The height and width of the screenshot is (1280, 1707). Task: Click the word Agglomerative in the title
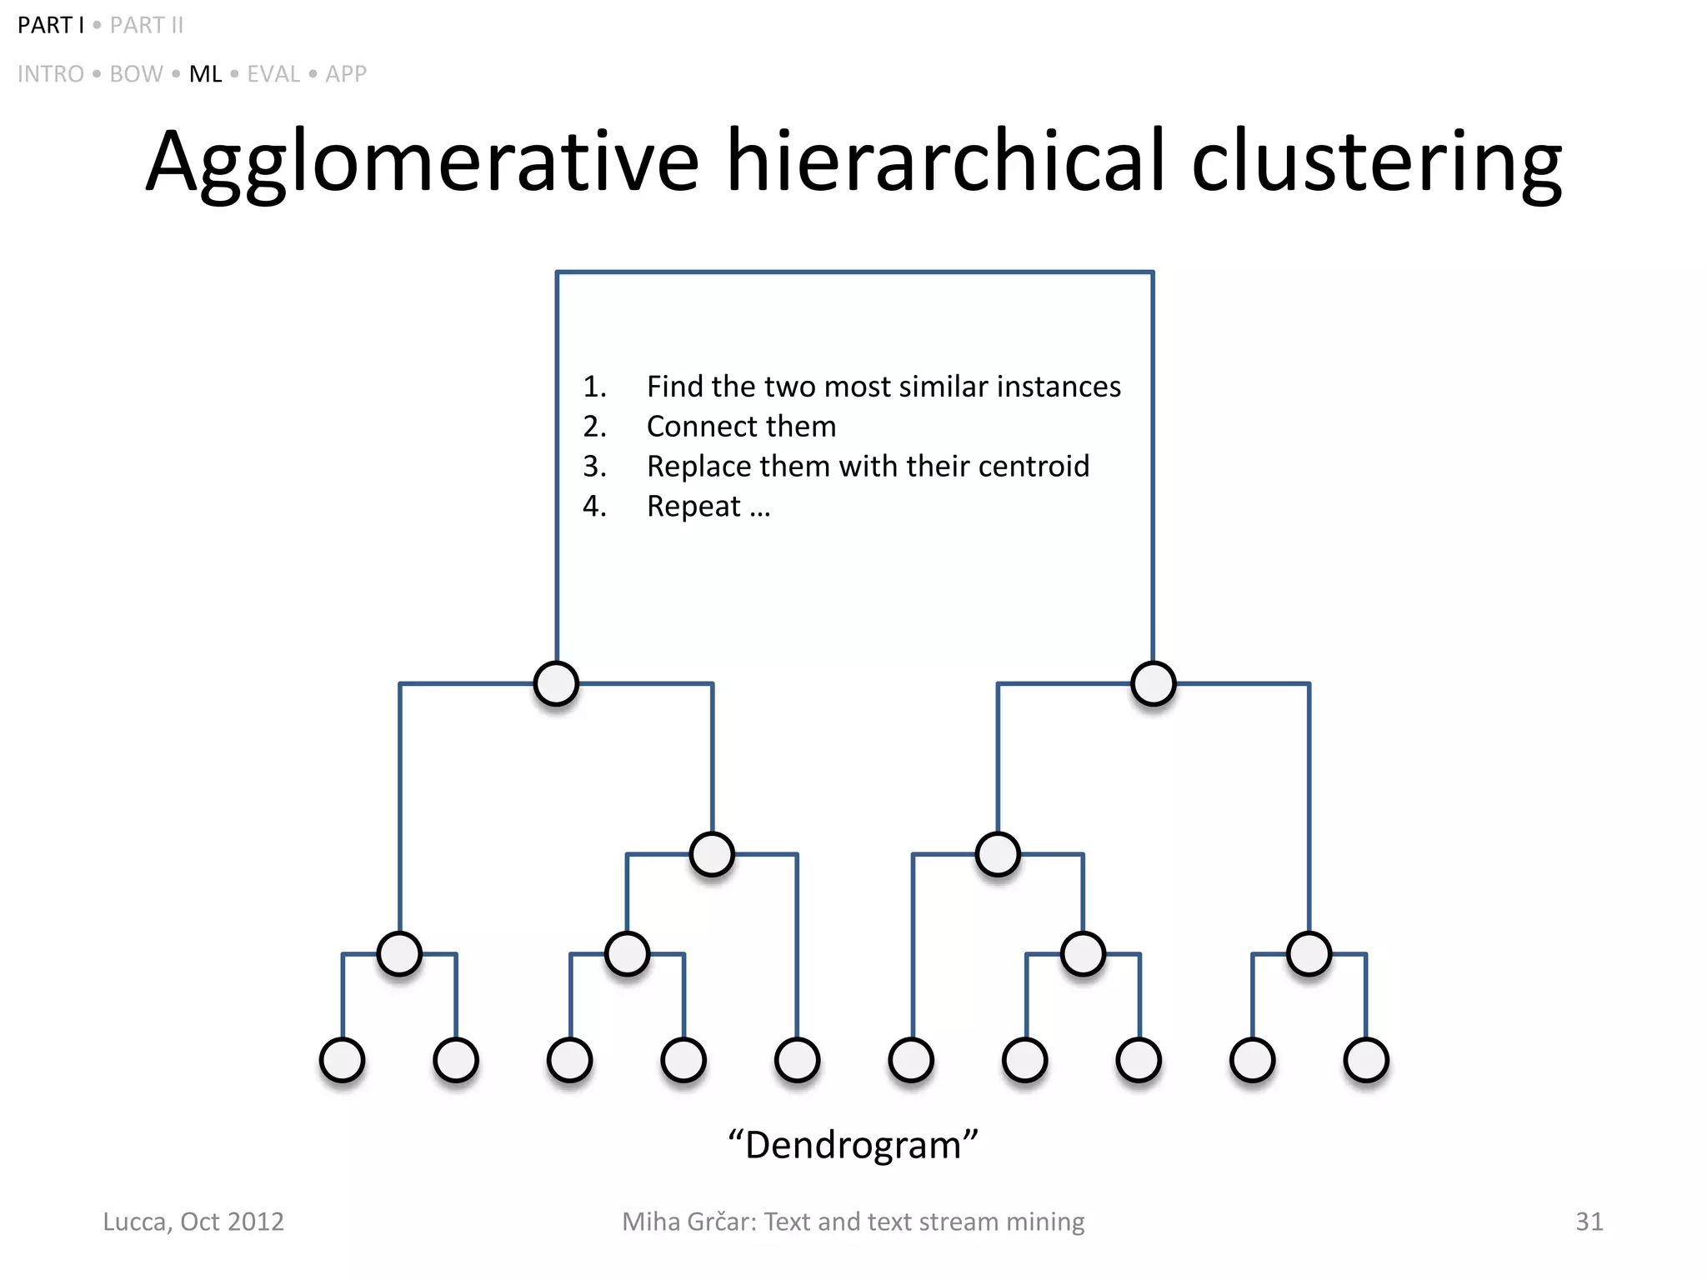(x=422, y=162)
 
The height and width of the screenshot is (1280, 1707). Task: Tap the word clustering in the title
(x=1376, y=162)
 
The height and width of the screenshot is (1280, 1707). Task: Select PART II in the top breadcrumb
(x=147, y=26)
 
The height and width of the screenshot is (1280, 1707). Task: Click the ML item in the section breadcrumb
(x=205, y=74)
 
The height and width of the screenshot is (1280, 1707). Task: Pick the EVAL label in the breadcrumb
(x=273, y=74)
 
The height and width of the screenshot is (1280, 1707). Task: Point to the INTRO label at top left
(x=51, y=74)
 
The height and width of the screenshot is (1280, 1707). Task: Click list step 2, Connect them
(x=741, y=427)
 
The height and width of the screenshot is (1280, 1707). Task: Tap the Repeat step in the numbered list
(x=694, y=507)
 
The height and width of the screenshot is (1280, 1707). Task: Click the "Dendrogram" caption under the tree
(x=853, y=1145)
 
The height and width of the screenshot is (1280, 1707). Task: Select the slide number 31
(x=1589, y=1222)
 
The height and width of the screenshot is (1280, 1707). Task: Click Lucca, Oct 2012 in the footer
(x=193, y=1222)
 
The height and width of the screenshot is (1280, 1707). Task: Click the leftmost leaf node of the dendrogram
(x=343, y=1060)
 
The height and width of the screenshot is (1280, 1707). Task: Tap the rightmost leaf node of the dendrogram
(x=1366, y=1060)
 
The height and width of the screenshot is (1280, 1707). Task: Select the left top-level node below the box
(x=556, y=683)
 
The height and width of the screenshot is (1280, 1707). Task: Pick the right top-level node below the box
(x=1154, y=683)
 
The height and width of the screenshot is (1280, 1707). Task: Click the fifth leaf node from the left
(x=798, y=1060)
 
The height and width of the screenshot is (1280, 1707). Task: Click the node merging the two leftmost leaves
(x=399, y=953)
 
